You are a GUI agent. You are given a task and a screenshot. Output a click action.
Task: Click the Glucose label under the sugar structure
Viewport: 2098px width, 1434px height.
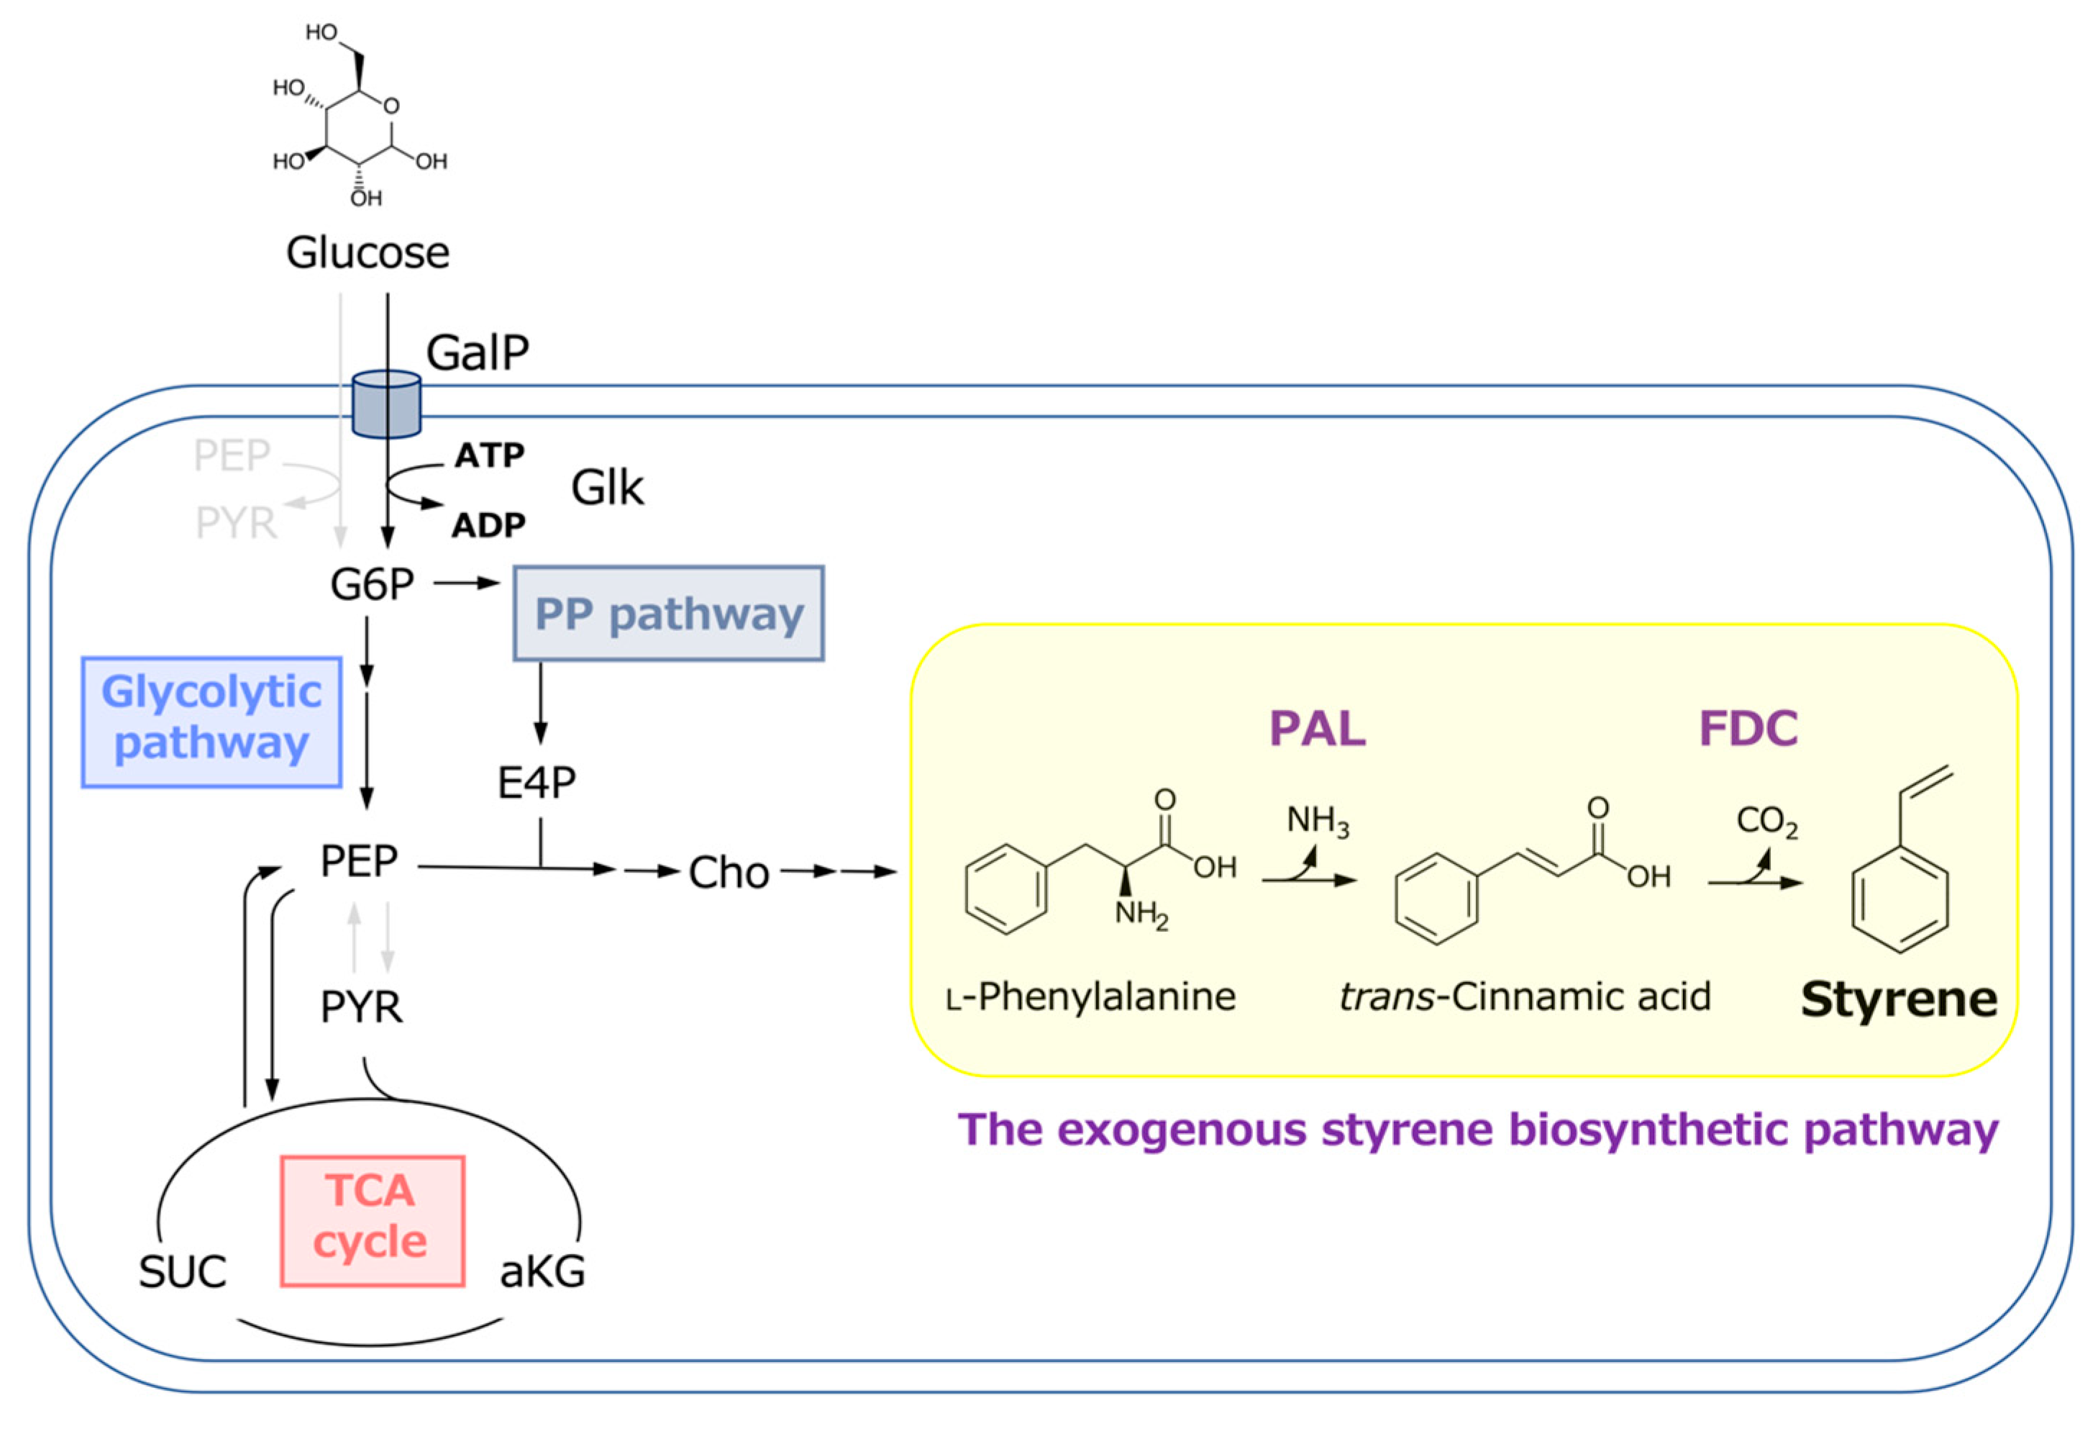[368, 253]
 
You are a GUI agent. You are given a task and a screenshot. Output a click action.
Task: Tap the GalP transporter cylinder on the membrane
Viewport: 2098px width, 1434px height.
[386, 404]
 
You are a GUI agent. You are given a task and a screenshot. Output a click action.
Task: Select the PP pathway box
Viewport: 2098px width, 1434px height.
[668, 613]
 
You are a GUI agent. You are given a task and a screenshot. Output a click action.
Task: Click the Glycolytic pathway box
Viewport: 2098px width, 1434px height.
[211, 722]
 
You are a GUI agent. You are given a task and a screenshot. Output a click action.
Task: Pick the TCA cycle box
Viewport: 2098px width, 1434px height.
[372, 1220]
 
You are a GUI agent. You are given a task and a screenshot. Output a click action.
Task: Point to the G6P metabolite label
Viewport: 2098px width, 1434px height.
[372, 585]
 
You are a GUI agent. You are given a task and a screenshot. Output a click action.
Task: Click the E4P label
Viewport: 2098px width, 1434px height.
[537, 783]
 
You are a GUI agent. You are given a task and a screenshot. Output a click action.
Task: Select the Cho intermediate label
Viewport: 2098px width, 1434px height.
[729, 873]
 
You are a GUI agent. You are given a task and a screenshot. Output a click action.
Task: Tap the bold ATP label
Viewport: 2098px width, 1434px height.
[489, 455]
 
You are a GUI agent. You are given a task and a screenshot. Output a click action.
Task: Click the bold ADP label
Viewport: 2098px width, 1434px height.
[488, 525]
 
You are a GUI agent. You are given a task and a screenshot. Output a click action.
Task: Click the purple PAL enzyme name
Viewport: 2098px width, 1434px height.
[1317, 729]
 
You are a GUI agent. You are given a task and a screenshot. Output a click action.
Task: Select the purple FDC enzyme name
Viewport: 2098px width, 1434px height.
[1748, 729]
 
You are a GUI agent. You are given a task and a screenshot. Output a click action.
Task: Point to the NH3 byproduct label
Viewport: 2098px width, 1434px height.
[1317, 821]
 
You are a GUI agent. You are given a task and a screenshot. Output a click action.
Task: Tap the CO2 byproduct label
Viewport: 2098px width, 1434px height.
[1766, 822]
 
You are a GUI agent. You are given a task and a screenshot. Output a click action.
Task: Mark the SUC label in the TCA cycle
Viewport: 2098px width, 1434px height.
[183, 1272]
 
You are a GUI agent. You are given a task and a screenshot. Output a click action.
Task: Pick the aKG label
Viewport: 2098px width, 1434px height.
[542, 1272]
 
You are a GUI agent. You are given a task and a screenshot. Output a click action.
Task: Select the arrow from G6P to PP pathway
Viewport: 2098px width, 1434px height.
[467, 584]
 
